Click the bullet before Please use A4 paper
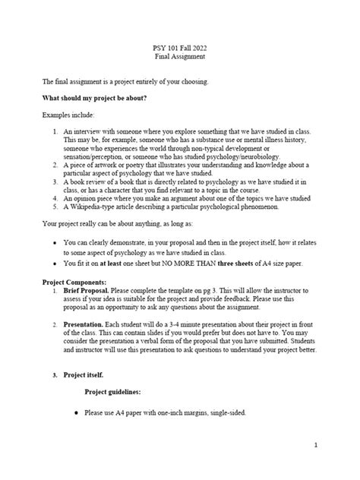[72, 412]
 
